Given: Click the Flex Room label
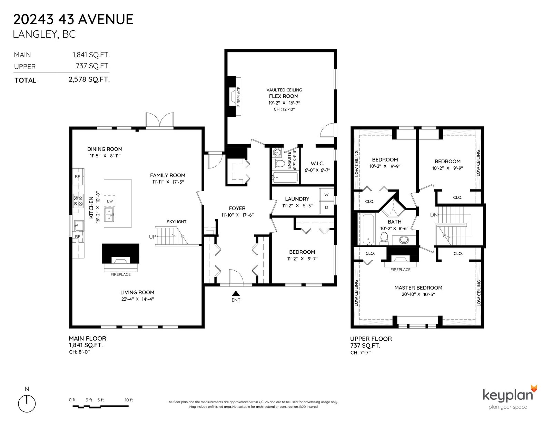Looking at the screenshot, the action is click(284, 96).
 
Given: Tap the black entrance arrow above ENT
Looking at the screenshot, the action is click(236, 293).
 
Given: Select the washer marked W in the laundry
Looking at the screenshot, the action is click(326, 195).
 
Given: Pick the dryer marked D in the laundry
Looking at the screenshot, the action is click(326, 207).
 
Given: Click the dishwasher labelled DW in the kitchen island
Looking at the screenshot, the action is click(110, 201).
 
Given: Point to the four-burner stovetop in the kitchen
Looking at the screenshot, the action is click(78, 201).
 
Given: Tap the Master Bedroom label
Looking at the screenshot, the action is click(418, 288).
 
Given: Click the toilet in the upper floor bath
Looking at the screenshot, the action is click(384, 239).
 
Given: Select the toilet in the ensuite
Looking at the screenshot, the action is click(279, 163).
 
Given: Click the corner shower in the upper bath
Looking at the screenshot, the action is click(393, 208).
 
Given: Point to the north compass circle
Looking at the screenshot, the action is click(27, 404).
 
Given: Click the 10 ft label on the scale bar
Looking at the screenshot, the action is click(129, 400).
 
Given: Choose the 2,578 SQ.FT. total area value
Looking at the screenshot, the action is click(89, 79).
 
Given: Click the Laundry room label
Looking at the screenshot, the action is click(297, 199).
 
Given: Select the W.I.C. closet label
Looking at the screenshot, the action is click(317, 163).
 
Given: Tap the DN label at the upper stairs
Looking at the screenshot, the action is click(434, 215).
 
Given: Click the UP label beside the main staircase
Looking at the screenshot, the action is click(152, 237).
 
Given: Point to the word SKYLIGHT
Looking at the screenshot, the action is click(177, 222).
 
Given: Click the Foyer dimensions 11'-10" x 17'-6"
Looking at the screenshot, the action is click(237, 215).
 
